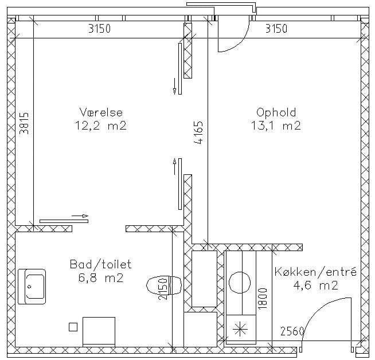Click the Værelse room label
(101, 112)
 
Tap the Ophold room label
(276, 113)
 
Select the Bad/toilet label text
(101, 264)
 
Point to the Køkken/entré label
(316, 272)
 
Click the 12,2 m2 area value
(101, 126)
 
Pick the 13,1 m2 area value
(276, 126)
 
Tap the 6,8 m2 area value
(101, 278)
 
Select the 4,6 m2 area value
(315, 285)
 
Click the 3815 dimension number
(24, 123)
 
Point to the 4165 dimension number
(198, 132)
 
